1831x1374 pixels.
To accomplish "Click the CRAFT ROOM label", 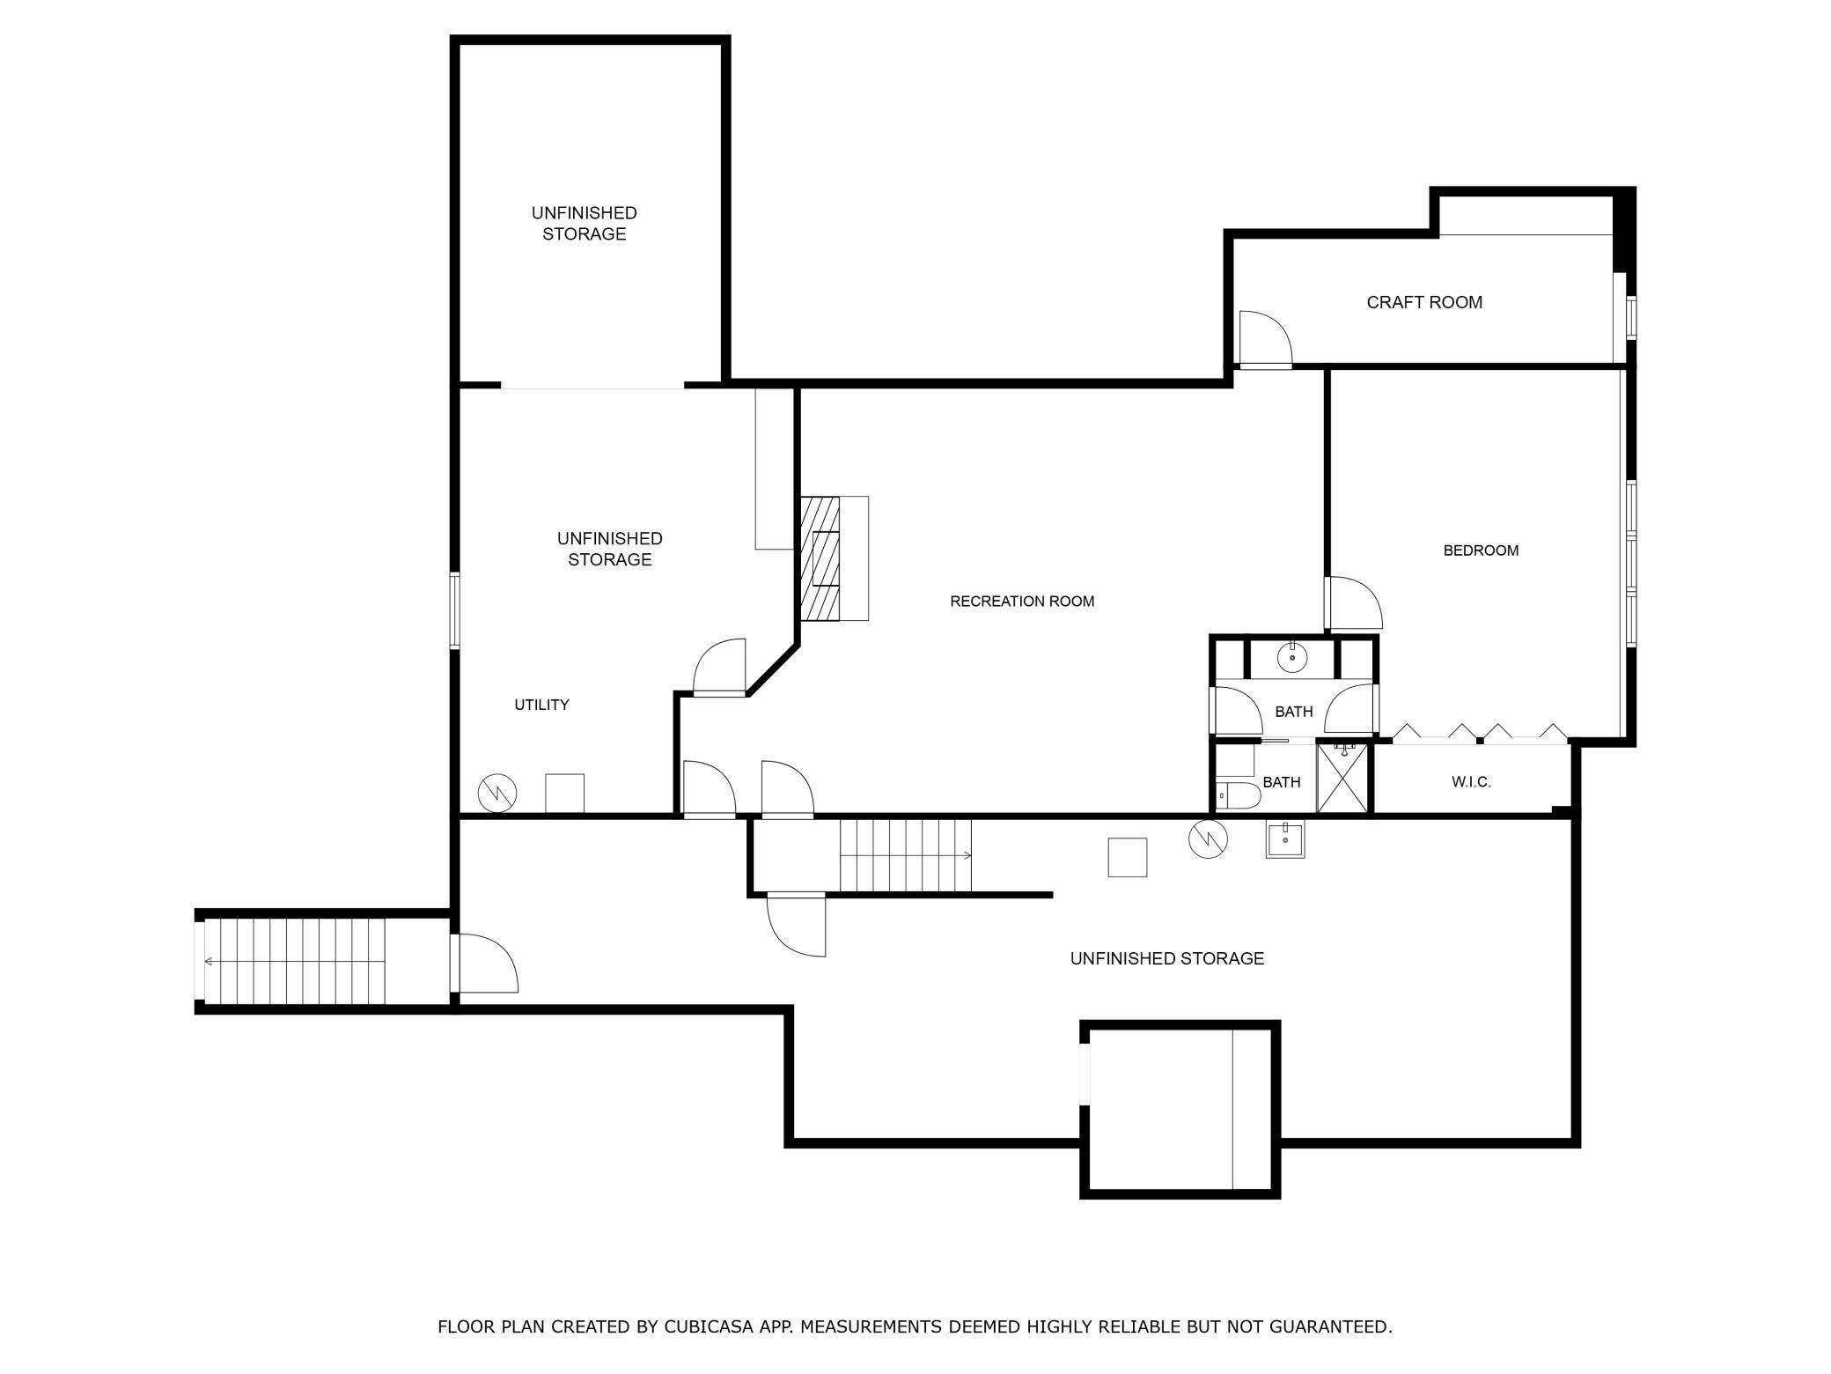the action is tap(1424, 302).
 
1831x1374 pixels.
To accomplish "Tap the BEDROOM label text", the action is tap(1481, 550).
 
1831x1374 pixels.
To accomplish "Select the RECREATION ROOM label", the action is tap(1022, 602).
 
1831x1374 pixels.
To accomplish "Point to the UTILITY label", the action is tap(541, 705).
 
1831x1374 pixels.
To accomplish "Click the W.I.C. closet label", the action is tap(1471, 781).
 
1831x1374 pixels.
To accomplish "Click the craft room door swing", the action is tap(1265, 338).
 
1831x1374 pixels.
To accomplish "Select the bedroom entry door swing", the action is tap(1353, 603).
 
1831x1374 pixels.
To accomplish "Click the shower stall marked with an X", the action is tap(1343, 778).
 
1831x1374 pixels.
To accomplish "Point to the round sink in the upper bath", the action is tap(1292, 657).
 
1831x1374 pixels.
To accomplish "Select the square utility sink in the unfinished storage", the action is tap(1285, 838).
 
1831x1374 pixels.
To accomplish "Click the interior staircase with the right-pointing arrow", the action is tap(905, 855).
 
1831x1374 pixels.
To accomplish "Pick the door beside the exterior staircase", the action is tap(484, 964).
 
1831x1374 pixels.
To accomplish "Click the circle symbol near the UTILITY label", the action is tap(497, 794).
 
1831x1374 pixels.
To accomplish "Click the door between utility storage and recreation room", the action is tap(719, 668).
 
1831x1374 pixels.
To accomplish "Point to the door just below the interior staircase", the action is tap(797, 924).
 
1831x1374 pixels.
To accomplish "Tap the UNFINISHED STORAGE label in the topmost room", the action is tap(584, 224).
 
